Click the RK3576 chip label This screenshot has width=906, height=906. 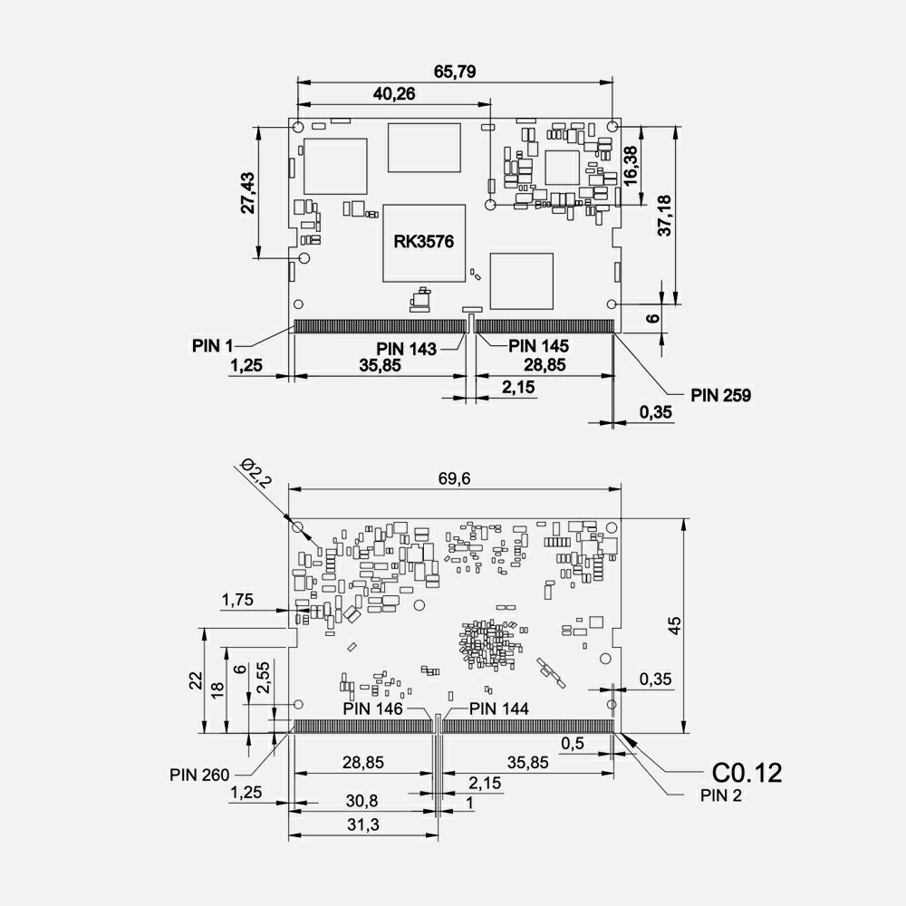[423, 241]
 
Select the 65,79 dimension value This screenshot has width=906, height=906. [455, 72]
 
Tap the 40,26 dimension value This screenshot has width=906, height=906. [393, 93]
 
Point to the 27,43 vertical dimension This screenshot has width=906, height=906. [248, 192]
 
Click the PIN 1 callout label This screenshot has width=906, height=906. [212, 346]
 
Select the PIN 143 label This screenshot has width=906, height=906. [406, 349]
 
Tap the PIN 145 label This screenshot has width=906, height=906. [538, 346]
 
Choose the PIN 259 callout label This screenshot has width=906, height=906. [720, 395]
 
